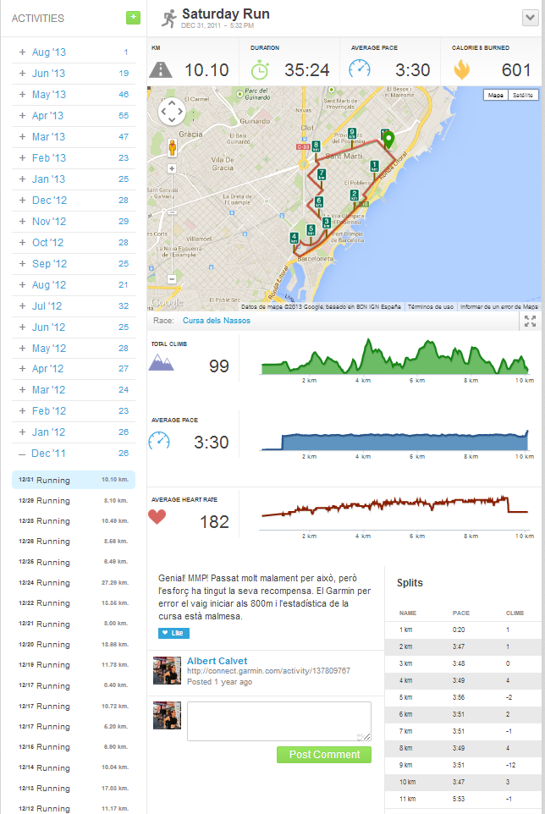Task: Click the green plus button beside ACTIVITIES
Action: pyautogui.click(x=133, y=17)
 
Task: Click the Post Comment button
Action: pyautogui.click(x=323, y=755)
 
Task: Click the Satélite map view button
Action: pyautogui.click(x=522, y=96)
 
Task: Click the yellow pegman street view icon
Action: pyautogui.click(x=172, y=147)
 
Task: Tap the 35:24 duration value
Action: pyautogui.click(x=309, y=70)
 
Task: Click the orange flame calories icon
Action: pyautogui.click(x=461, y=70)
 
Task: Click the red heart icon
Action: pyautogui.click(x=157, y=517)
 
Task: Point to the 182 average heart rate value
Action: pyautogui.click(x=214, y=522)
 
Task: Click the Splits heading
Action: pyautogui.click(x=410, y=583)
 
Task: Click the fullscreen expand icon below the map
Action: pyautogui.click(x=530, y=321)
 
